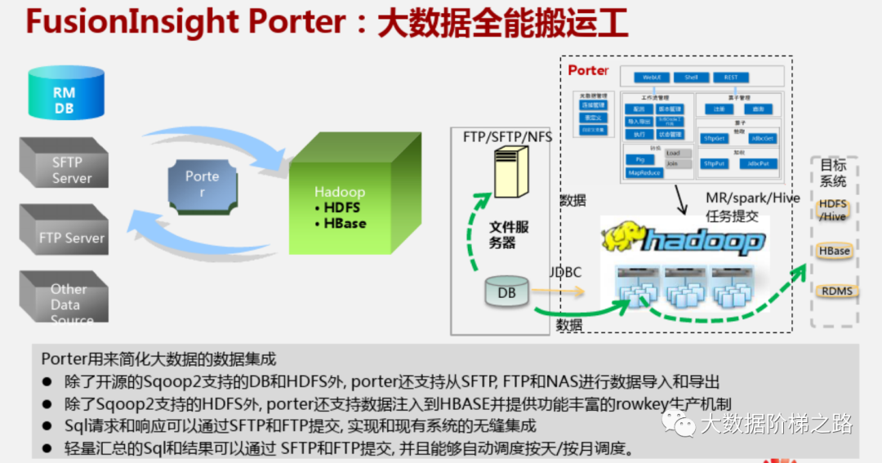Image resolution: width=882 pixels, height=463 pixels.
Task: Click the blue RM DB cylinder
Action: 65,96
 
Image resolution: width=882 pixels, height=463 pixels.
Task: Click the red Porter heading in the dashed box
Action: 588,70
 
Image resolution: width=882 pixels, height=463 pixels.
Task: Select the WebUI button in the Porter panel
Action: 651,78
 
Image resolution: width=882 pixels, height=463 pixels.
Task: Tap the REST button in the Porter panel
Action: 730,78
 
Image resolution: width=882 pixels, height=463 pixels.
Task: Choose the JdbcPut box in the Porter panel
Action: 759,163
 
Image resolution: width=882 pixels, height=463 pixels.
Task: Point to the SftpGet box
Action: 715,139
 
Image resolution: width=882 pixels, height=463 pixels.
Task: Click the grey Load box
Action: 673,153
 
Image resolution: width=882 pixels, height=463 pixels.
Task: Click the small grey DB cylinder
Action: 506,292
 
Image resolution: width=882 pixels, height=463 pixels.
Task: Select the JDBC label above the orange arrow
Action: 565,272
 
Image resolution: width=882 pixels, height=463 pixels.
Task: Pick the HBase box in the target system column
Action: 834,251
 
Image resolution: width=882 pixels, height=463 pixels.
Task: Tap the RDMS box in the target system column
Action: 836,291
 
